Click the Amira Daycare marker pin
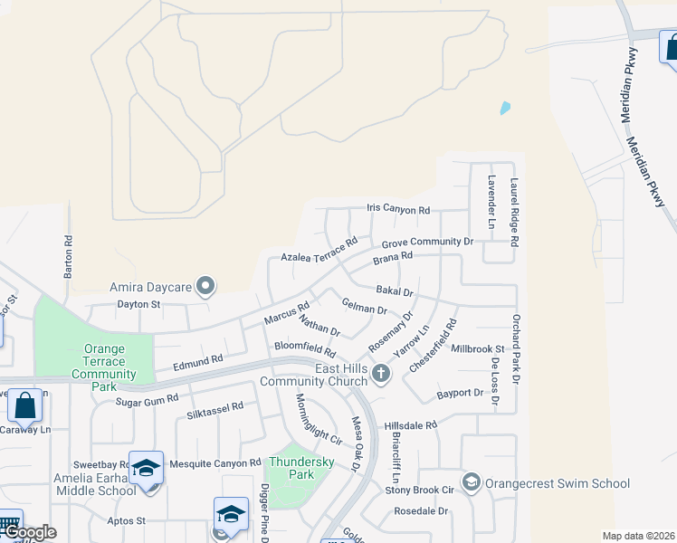coord(205,287)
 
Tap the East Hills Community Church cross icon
coord(382,373)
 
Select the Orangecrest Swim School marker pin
coord(471,483)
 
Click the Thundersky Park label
coord(302,468)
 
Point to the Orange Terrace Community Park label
coord(104,361)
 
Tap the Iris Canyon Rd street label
coord(398,209)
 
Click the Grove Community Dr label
coord(427,243)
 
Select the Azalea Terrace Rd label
coord(319,252)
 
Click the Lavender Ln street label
coord(491,202)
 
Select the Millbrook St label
coord(477,348)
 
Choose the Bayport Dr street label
coord(460,393)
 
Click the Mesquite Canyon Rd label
coord(215,463)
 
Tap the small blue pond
coord(505,108)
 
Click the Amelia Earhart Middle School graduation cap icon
coord(146,469)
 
